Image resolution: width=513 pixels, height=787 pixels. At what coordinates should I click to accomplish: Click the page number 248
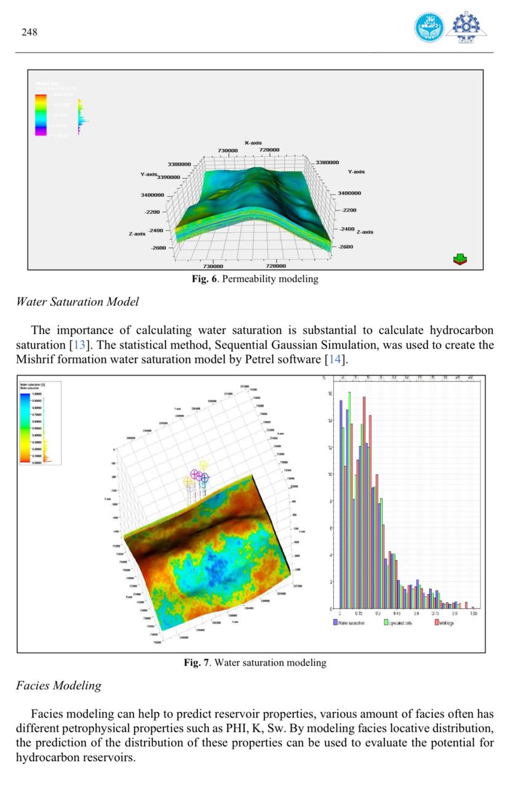[x=30, y=32]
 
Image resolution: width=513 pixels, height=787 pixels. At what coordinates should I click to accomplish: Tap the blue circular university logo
[x=429, y=27]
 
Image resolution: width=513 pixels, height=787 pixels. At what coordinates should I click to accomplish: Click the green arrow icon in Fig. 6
[x=459, y=259]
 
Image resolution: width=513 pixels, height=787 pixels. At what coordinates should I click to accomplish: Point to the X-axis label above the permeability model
[x=253, y=143]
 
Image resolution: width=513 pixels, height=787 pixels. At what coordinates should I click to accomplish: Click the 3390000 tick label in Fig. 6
[x=169, y=177]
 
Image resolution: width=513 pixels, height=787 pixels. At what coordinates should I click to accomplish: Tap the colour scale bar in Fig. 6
[x=41, y=114]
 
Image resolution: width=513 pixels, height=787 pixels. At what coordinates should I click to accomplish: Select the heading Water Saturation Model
[x=78, y=301]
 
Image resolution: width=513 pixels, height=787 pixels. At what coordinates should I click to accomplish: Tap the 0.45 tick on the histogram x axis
[x=397, y=614]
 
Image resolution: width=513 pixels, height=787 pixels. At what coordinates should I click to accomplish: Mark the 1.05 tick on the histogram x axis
[x=474, y=614]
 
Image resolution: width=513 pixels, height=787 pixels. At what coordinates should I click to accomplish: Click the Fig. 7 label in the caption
[x=197, y=662]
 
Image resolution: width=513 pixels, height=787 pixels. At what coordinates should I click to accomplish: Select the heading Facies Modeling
[x=58, y=685]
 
